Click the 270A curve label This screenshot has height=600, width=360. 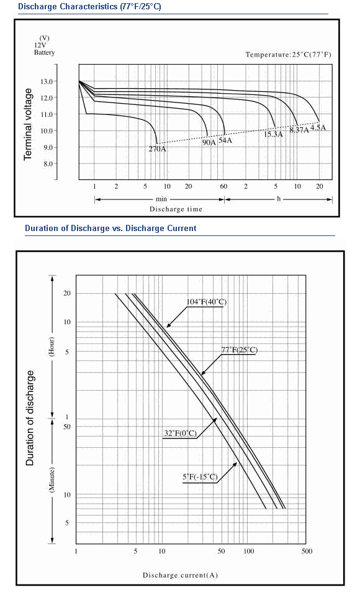tap(157, 149)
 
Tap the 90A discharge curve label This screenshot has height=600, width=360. tap(209, 142)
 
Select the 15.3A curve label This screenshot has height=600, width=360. tap(274, 134)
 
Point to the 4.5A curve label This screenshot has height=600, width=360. tap(318, 127)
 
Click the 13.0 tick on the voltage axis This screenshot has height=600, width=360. tap(47, 81)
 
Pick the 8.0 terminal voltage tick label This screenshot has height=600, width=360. tap(48, 164)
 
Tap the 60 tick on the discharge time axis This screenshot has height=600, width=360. tap(224, 186)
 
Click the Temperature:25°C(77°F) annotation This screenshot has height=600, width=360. tap(289, 54)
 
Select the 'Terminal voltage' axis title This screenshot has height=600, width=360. tap(28, 124)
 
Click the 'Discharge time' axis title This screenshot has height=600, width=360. tap(176, 209)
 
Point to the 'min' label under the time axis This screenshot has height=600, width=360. tap(161, 199)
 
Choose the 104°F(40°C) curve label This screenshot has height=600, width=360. tap(207, 301)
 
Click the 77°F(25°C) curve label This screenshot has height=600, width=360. tap(240, 350)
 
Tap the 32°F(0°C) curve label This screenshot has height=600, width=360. tap(180, 433)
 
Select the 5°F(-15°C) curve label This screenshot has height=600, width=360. tap(200, 477)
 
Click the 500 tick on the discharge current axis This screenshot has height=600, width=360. tap(307, 551)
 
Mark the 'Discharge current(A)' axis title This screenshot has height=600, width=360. tap(180, 575)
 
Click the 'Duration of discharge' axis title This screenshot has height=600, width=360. tap(30, 418)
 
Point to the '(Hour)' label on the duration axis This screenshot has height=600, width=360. tap(52, 347)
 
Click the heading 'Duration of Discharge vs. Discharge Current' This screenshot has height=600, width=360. tap(110, 229)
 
